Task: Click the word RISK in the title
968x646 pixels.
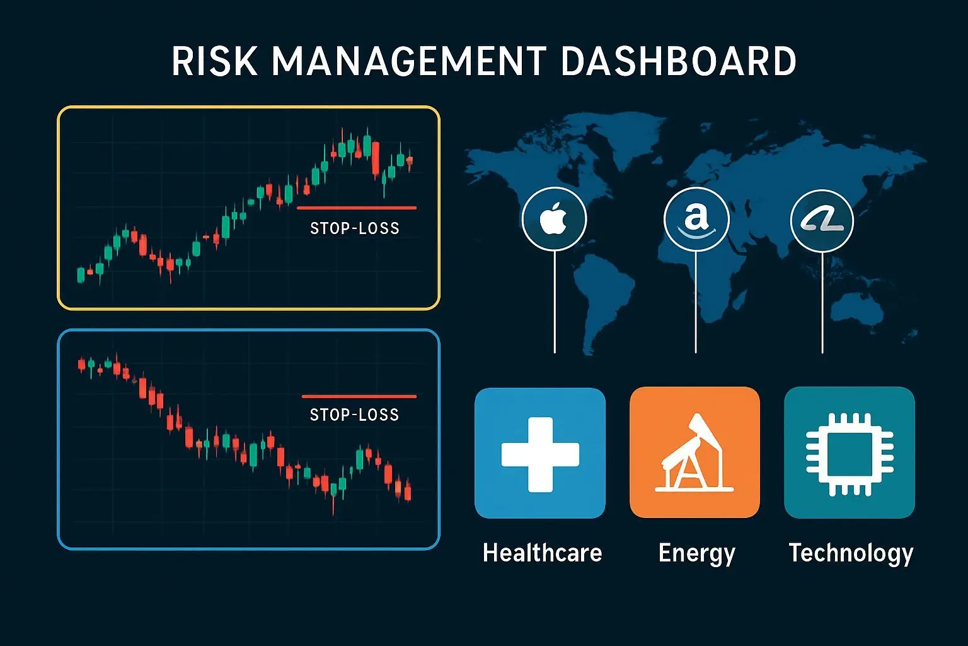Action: (215, 61)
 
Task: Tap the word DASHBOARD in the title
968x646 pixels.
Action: (679, 61)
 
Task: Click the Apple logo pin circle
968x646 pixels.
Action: (554, 219)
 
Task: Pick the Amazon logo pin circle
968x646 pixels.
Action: (696, 220)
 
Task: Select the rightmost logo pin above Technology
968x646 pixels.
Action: (822, 221)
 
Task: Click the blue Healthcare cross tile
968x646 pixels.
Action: (539, 453)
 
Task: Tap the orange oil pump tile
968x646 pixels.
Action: (694, 452)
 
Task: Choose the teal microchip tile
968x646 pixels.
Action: (850, 452)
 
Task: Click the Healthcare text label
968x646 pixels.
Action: (543, 553)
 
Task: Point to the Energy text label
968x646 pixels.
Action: (696, 554)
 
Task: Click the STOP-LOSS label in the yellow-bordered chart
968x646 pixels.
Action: (355, 228)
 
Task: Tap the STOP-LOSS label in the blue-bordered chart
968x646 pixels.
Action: (354, 415)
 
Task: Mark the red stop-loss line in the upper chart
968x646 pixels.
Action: (357, 208)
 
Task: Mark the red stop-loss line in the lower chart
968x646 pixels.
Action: (359, 396)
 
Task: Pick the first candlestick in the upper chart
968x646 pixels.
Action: (81, 275)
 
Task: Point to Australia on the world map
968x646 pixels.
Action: (857, 308)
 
